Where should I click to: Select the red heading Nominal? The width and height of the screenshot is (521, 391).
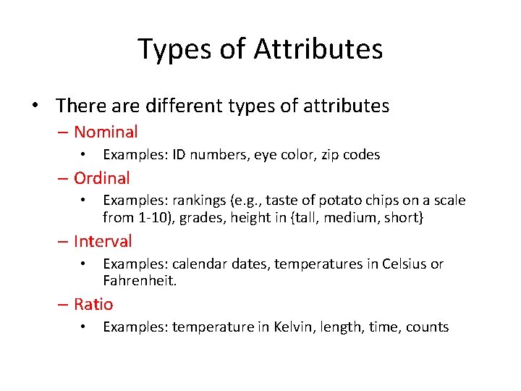tap(106, 132)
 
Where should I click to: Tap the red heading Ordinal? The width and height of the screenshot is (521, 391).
tap(102, 178)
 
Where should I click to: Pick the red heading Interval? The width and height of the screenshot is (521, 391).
tap(103, 241)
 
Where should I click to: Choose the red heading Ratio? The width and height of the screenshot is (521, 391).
tap(93, 304)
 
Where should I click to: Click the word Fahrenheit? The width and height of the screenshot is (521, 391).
tap(138, 280)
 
